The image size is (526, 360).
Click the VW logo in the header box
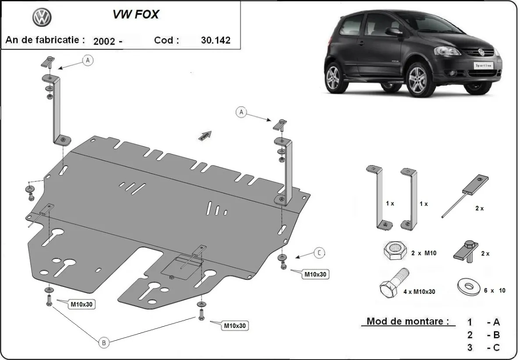(x=42, y=18)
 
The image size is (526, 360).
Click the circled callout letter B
(x=103, y=343)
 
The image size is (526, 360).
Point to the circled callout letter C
(x=320, y=253)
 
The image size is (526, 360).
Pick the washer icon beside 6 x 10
(x=468, y=287)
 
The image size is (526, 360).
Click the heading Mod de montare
(x=408, y=321)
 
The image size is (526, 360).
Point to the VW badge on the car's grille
(x=479, y=51)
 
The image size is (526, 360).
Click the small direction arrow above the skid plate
(x=205, y=135)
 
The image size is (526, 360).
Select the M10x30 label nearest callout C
(x=316, y=275)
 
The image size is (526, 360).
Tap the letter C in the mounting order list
(x=496, y=348)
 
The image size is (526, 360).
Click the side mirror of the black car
(x=393, y=32)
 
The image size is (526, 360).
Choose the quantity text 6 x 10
(x=495, y=290)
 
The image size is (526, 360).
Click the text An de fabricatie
(x=45, y=40)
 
